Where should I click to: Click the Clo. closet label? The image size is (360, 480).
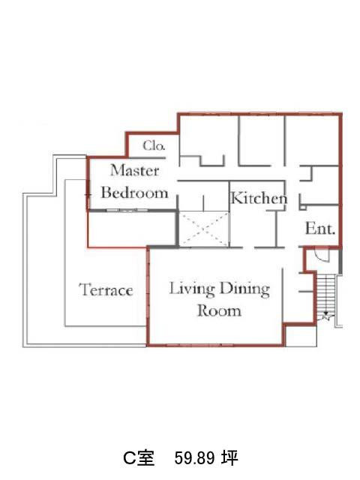click(154, 145)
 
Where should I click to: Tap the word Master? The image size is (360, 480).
click(135, 170)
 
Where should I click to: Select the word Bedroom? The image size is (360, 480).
click(135, 193)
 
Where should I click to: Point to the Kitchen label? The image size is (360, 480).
click(259, 198)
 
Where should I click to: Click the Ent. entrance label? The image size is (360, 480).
click(320, 228)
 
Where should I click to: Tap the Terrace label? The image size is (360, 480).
click(106, 289)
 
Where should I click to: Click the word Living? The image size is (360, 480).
click(192, 289)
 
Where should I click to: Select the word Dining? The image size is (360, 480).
click(245, 289)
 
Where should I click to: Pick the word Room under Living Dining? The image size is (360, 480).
click(219, 310)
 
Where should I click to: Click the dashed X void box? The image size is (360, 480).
click(203, 228)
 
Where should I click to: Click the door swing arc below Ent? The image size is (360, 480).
click(322, 257)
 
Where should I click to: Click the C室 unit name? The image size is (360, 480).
click(139, 458)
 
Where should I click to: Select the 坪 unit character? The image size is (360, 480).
click(229, 458)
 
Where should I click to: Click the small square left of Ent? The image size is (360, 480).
click(303, 208)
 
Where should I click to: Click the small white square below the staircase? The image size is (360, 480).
click(301, 336)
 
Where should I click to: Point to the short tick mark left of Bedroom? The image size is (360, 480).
click(88, 194)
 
